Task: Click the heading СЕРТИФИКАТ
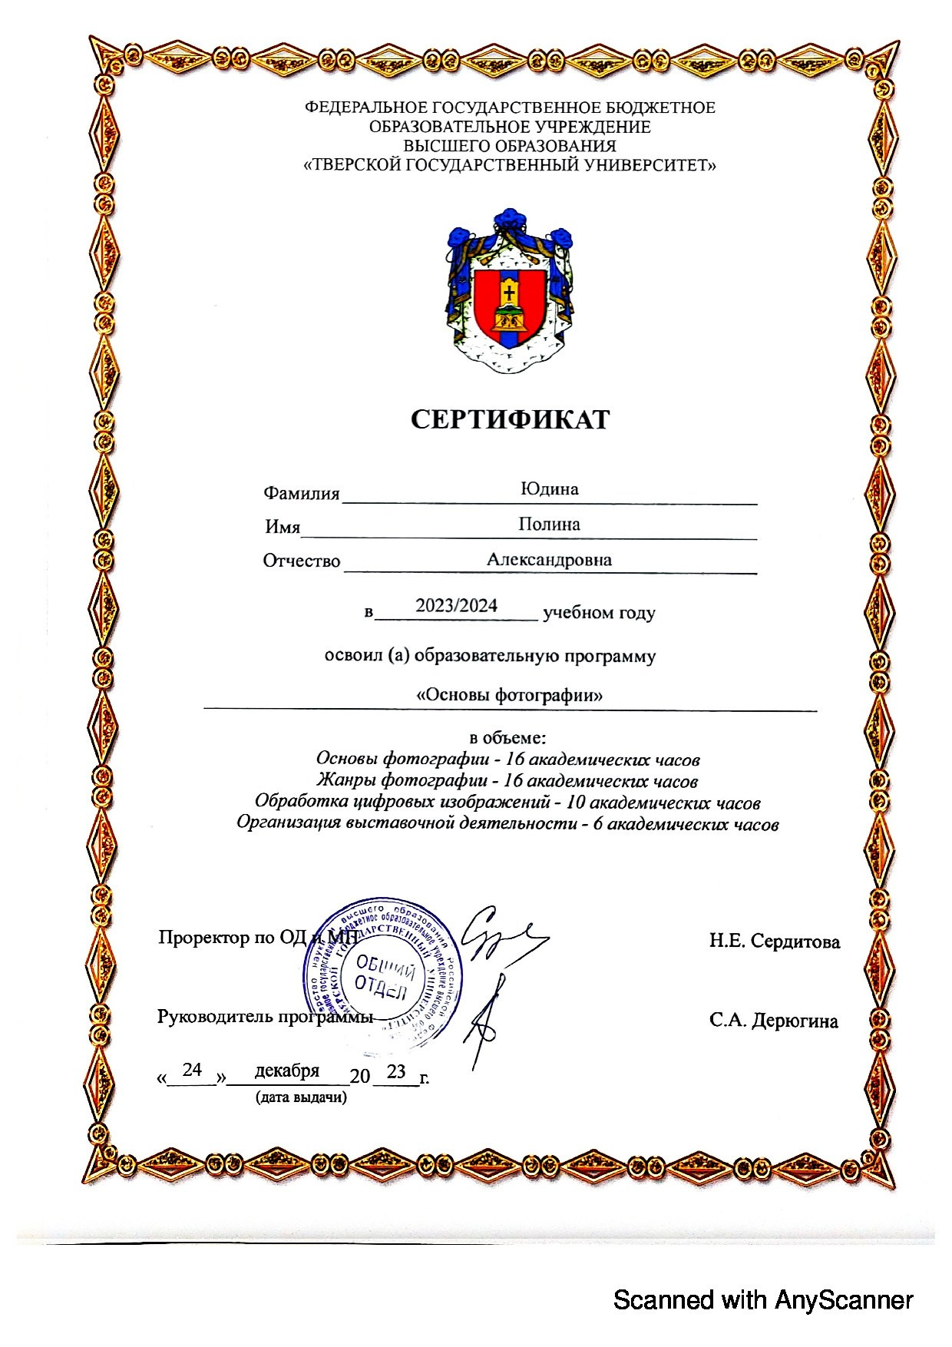(510, 419)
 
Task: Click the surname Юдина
(549, 489)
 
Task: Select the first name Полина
(549, 525)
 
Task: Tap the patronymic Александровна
(549, 560)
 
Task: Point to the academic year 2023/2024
(456, 606)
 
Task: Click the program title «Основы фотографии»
(509, 696)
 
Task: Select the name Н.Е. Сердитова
(774, 942)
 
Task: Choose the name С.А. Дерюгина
(773, 1021)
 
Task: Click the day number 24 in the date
(191, 1070)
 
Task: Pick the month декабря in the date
(286, 1071)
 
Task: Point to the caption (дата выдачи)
(300, 1097)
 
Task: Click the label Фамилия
(301, 493)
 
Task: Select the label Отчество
(301, 561)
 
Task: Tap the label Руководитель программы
(265, 1017)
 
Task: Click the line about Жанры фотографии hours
(507, 782)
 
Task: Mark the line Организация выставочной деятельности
(507, 825)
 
